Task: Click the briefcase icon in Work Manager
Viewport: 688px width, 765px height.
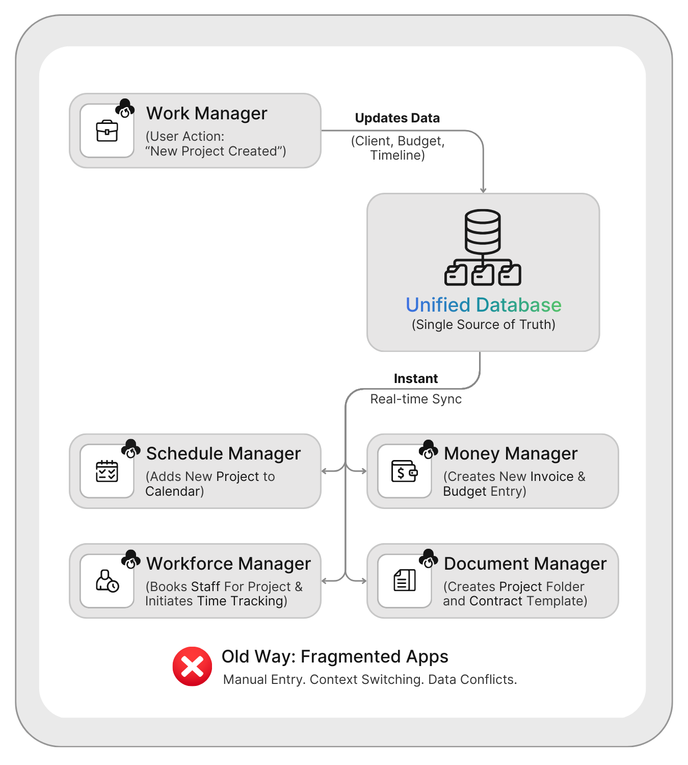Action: (x=107, y=131)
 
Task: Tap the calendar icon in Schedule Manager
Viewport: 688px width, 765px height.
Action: (x=107, y=471)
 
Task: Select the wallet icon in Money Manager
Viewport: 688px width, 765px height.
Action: (x=405, y=471)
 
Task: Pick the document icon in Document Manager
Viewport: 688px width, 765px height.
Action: (x=405, y=580)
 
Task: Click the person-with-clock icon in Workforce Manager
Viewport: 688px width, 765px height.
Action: (x=107, y=581)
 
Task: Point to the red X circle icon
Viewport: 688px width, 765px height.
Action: (x=192, y=667)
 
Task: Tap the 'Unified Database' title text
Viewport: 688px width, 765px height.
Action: (x=483, y=305)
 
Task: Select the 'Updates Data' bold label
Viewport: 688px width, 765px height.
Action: (x=397, y=118)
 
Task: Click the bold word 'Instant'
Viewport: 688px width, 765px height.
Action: (x=415, y=379)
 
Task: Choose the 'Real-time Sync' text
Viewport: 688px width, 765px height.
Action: (x=416, y=399)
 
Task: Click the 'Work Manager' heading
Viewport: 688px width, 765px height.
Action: (x=206, y=113)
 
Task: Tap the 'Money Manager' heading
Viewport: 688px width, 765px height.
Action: (x=511, y=453)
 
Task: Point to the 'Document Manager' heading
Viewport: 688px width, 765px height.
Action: (x=525, y=564)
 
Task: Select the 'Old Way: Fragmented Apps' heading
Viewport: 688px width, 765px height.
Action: (x=335, y=657)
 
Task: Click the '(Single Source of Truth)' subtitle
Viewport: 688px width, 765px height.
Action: (x=483, y=325)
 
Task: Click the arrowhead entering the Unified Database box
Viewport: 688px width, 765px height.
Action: (x=483, y=190)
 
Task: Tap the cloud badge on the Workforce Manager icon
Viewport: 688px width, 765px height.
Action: (x=131, y=559)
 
